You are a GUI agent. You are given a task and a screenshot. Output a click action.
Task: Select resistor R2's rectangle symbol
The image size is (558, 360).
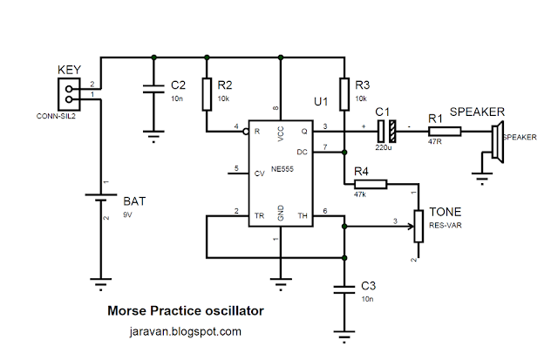[208, 95]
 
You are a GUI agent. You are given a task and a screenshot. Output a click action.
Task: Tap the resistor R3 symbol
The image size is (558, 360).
[345, 95]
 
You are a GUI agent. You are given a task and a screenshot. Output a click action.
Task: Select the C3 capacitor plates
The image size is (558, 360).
[345, 289]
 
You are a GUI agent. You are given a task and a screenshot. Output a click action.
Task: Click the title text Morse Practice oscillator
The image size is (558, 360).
[185, 309]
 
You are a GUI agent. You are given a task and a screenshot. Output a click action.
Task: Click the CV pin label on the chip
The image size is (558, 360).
[259, 173]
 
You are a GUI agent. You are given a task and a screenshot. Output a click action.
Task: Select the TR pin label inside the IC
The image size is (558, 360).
[258, 214]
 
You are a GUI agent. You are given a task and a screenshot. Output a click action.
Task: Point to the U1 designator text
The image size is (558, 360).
[322, 103]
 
